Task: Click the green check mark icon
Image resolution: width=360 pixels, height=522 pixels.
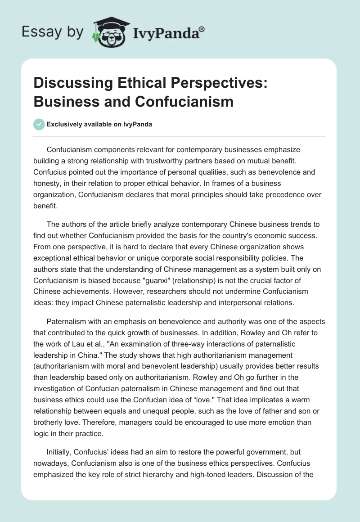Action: point(39,124)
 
